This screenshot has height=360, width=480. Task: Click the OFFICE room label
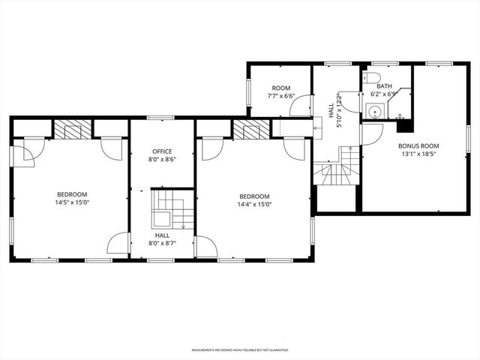coord(163,151)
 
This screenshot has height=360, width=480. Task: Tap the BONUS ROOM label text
coord(418,145)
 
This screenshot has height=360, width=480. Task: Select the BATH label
coord(384,86)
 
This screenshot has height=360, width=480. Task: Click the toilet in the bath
coord(373,77)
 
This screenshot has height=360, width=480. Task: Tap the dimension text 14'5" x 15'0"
coord(71,202)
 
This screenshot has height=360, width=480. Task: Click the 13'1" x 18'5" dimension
coord(418,155)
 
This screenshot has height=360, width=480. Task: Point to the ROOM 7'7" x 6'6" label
coord(282,91)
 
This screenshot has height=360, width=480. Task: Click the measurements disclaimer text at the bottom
coord(239,349)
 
